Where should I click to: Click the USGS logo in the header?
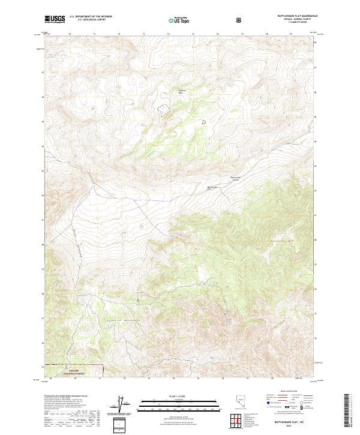55,19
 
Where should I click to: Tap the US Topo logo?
179,20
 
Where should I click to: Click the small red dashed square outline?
203,122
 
